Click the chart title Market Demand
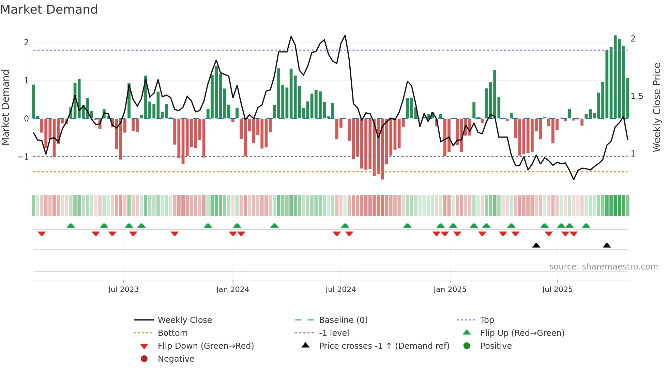point(49,10)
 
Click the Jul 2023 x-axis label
point(123,290)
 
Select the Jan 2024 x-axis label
point(232,290)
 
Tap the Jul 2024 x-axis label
point(340,290)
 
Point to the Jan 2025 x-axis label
point(450,290)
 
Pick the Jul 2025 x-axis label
point(557,290)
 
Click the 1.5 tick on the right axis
point(637,96)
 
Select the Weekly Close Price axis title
point(656,107)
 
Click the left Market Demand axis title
point(5,107)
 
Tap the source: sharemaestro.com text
point(603,267)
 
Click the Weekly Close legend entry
point(184,320)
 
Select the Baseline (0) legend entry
point(343,320)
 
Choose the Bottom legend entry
point(172,333)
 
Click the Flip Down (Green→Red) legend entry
point(206,346)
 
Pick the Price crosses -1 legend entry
point(384,346)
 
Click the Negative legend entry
point(176,359)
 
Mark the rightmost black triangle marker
point(607,245)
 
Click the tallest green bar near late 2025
point(615,77)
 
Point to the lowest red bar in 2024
point(382,149)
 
